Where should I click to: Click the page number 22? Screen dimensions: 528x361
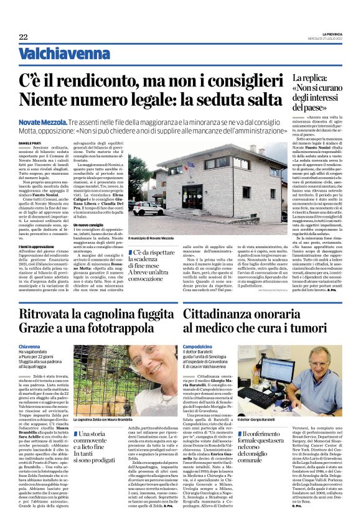(x=23, y=37)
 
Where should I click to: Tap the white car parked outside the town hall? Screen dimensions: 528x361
(x=148, y=208)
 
